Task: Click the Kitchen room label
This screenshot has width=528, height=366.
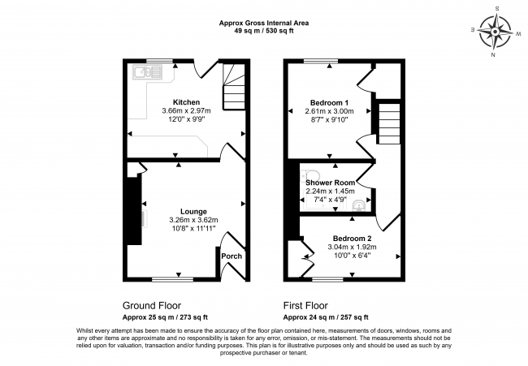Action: click(x=186, y=102)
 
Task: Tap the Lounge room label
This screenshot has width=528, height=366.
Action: click(x=193, y=212)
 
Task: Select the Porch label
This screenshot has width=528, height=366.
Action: click(x=232, y=256)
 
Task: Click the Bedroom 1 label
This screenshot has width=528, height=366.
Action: click(x=329, y=103)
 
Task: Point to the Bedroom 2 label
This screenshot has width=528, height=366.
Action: click(x=353, y=239)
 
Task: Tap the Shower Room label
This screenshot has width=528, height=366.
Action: click(x=330, y=183)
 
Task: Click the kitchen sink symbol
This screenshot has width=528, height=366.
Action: click(x=148, y=72)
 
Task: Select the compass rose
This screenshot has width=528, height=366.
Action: click(x=496, y=32)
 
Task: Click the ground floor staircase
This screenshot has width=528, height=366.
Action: click(x=234, y=87)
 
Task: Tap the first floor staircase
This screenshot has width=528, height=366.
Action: click(x=390, y=124)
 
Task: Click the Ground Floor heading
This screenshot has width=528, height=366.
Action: click(x=152, y=305)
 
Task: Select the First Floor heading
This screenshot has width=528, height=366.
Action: click(x=305, y=305)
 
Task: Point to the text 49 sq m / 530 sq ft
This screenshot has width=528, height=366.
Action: click(x=264, y=31)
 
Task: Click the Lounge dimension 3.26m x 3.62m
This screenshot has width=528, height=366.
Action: click(x=193, y=220)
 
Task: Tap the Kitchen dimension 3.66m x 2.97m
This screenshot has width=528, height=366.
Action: click(x=186, y=110)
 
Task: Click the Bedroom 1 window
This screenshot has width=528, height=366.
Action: click(x=321, y=61)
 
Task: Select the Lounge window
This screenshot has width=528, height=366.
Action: click(x=172, y=279)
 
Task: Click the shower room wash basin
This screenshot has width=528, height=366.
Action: click(x=358, y=205)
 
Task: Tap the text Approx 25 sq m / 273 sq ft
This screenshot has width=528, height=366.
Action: click(x=165, y=317)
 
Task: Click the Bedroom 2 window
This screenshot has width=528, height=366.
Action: click(x=327, y=279)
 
